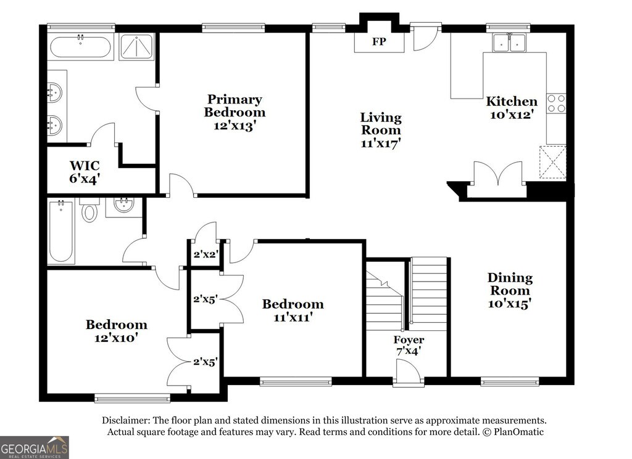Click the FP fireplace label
[379, 41]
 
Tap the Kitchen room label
[512, 101]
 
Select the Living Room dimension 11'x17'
[380, 143]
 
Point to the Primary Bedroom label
[235, 105]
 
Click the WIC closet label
[85, 165]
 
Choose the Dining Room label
[510, 283]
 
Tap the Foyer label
[409, 340]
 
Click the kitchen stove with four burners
[556, 104]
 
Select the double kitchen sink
[509, 43]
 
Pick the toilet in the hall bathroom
[89, 209]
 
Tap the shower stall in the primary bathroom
[137, 47]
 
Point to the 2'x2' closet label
[206, 254]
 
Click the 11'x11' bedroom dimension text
[293, 318]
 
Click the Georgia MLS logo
[35, 447]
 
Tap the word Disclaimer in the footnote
[126, 421]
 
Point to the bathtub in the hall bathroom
[61, 232]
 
